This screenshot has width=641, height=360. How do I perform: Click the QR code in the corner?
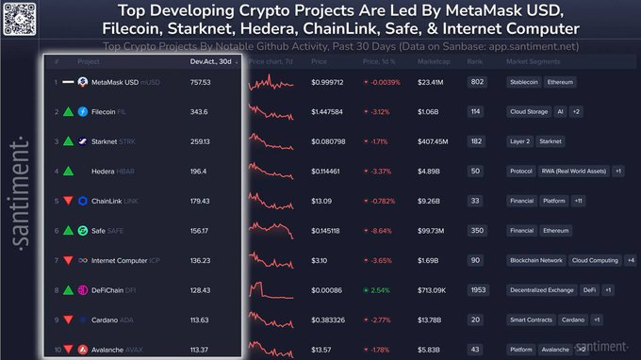click(19, 18)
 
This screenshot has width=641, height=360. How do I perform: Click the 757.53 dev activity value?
click(199, 82)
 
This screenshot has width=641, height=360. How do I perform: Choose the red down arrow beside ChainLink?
click(68, 201)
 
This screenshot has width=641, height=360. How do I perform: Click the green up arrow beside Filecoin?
click(68, 111)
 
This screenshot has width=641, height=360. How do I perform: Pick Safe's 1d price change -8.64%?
click(384, 230)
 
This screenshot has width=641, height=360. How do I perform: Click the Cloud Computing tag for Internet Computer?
click(594, 260)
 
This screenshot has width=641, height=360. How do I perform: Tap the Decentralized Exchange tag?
click(541, 289)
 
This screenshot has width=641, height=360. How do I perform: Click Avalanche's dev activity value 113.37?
click(199, 349)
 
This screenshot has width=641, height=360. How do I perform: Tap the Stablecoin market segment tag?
click(527, 82)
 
